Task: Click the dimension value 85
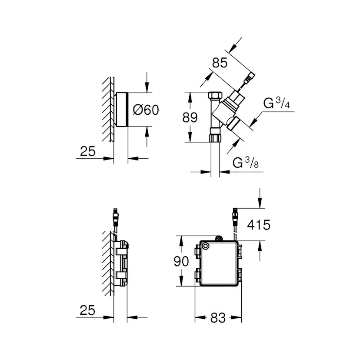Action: (x=220, y=63)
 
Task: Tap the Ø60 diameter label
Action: (x=145, y=110)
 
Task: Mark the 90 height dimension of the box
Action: (x=181, y=261)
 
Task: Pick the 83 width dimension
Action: (x=218, y=318)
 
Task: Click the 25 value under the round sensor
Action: (x=88, y=151)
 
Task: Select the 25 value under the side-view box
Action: (x=88, y=310)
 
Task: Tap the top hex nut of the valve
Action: (x=214, y=96)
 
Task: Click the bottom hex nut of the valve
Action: (x=215, y=138)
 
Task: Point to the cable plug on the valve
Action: (x=249, y=79)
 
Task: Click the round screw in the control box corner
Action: (x=205, y=247)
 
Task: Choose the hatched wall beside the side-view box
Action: (x=108, y=265)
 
